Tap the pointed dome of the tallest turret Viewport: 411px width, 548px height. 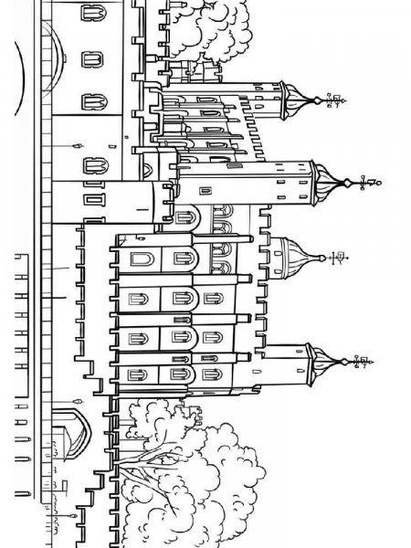(x=325, y=178)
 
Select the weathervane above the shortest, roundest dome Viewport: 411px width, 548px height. (x=336, y=258)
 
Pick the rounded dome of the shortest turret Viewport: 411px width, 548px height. (x=292, y=256)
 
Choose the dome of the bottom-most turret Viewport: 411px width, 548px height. (x=320, y=361)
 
